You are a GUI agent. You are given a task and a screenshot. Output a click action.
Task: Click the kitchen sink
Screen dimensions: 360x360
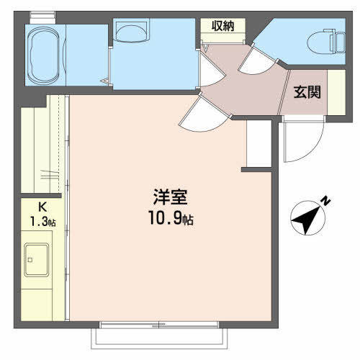pos(37,260)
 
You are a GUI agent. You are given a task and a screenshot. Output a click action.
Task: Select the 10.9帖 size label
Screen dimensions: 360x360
pos(171,217)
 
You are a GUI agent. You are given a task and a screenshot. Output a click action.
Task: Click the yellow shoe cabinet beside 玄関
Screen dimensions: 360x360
pos(335,91)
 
